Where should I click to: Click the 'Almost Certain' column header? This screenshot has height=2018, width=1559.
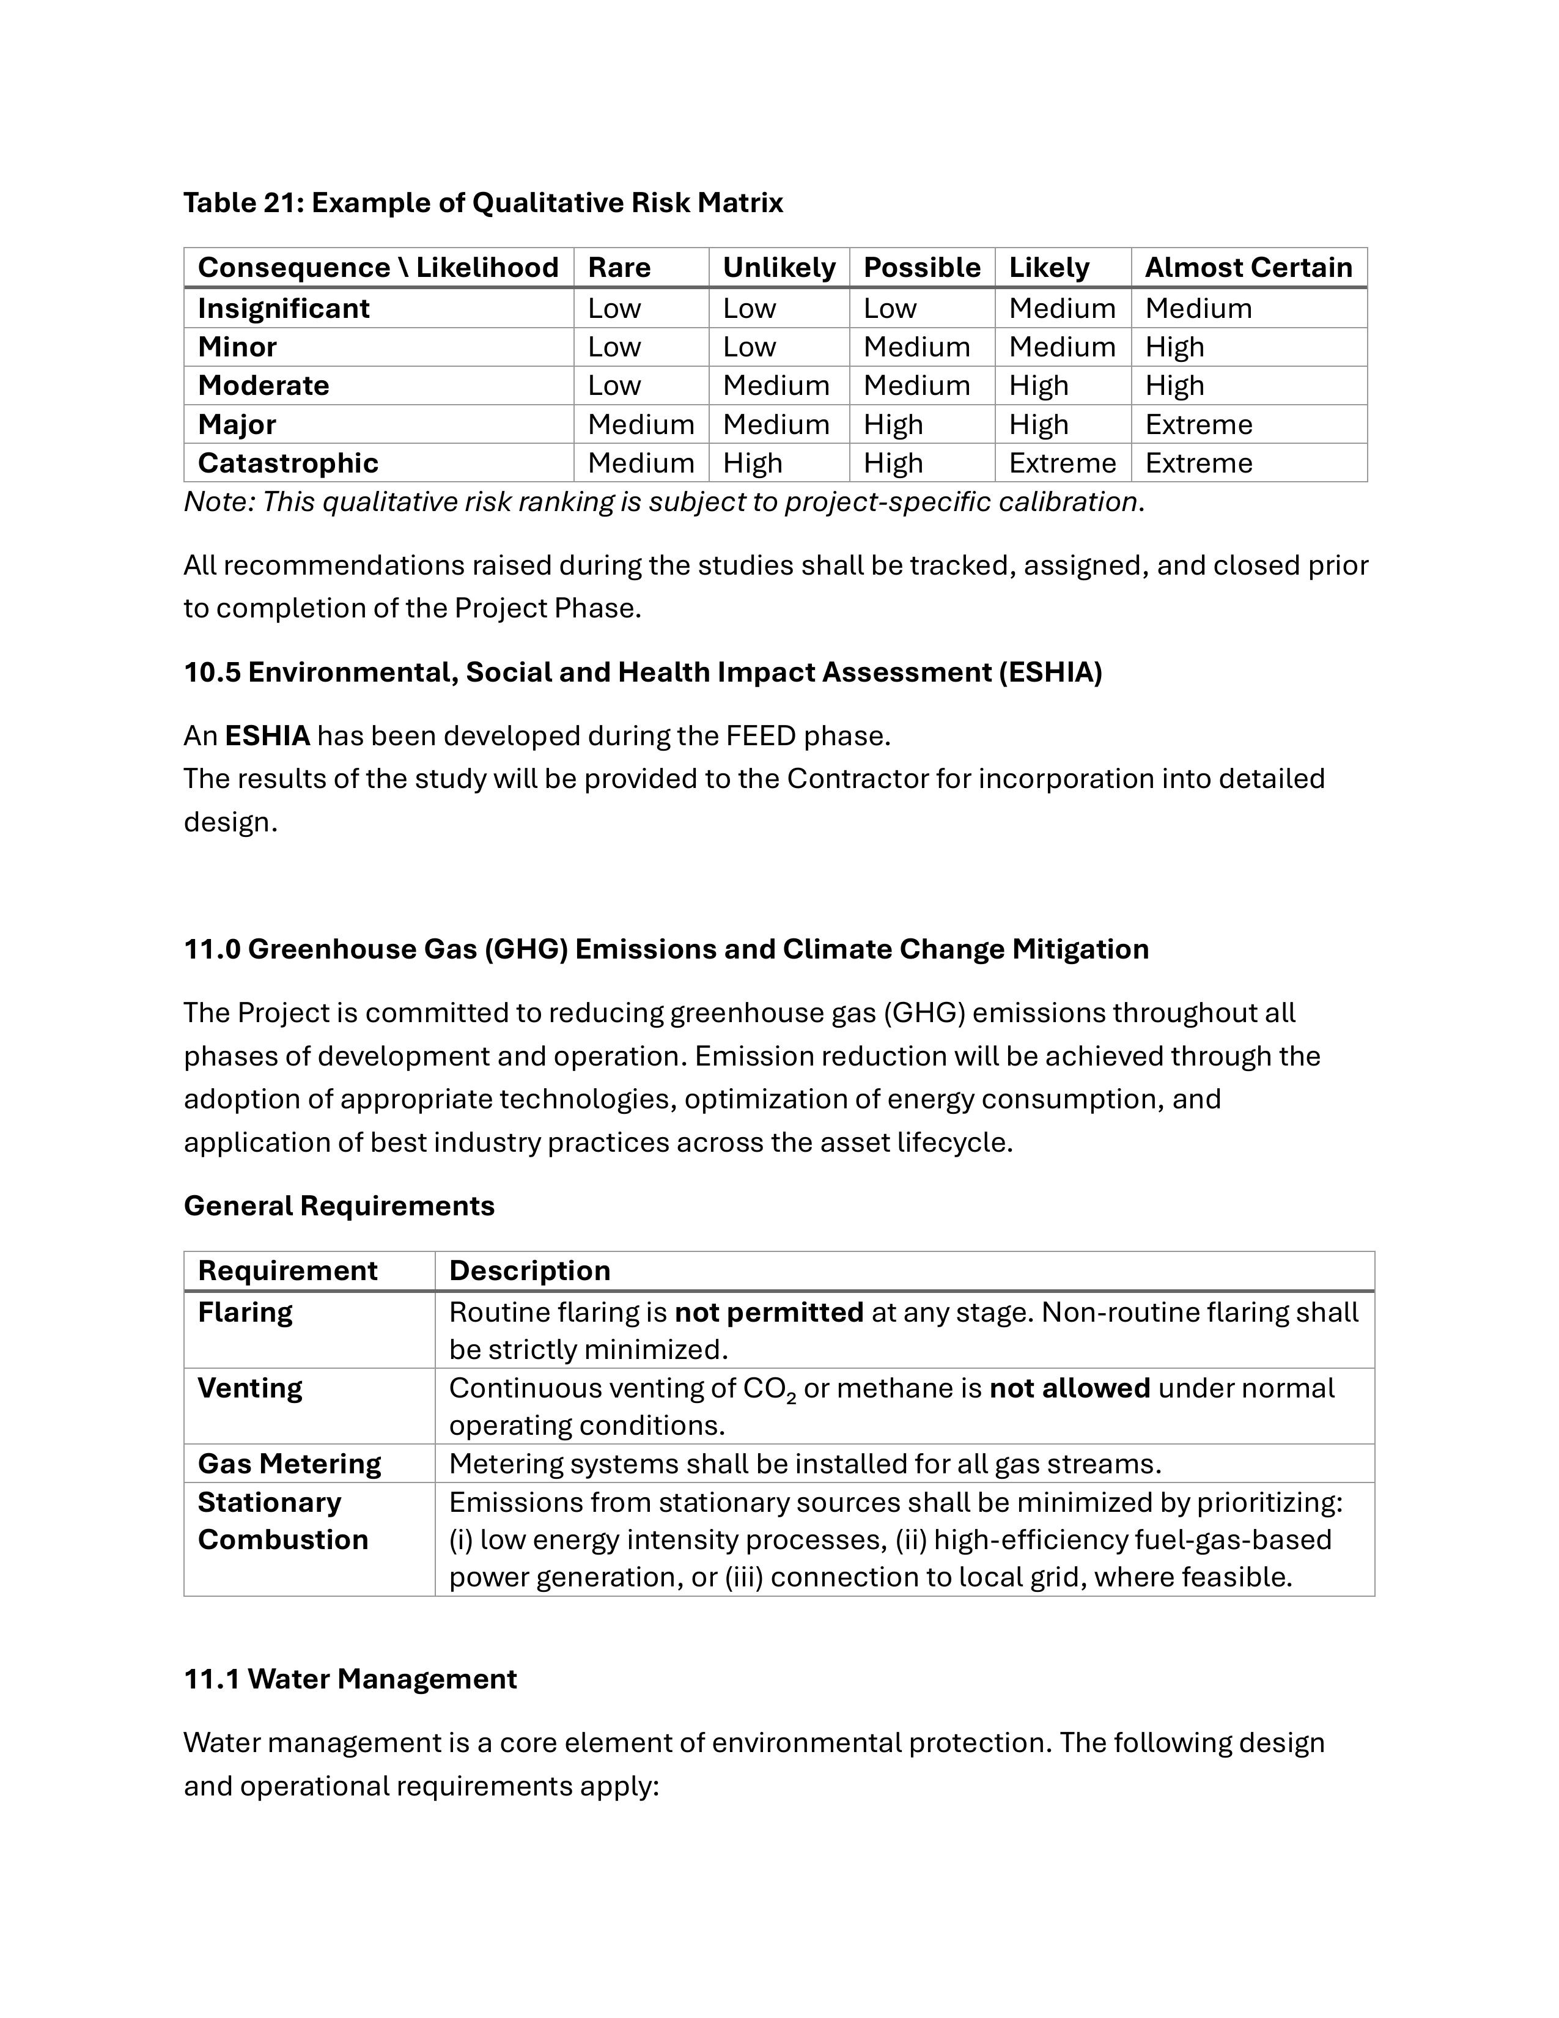1248,267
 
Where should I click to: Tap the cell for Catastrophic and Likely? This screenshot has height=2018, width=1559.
1062,462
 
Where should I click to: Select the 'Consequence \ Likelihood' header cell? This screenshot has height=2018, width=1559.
378,267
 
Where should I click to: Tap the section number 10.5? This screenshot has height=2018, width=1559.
212,672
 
